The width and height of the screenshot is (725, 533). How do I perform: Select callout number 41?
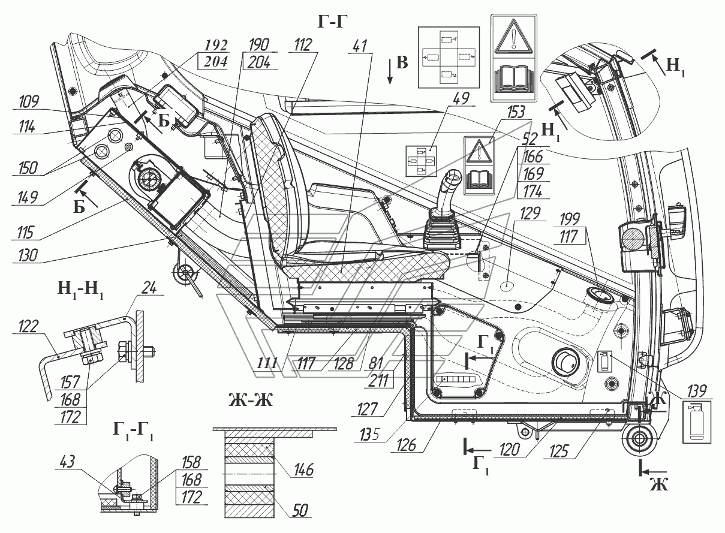tap(359, 46)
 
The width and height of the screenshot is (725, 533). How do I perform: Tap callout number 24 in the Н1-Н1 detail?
tap(149, 287)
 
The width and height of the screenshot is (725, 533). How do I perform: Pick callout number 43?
tap(67, 462)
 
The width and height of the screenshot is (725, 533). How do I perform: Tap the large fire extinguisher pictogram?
tap(697, 422)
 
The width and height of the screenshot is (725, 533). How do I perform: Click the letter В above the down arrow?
tap(402, 62)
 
